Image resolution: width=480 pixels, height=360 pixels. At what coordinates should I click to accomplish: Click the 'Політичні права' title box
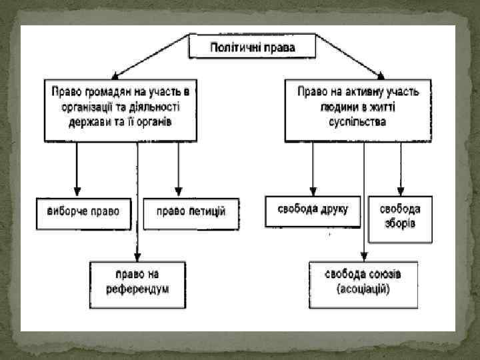tap(253, 47)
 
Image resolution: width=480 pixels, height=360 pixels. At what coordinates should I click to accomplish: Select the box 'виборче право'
tap(83, 212)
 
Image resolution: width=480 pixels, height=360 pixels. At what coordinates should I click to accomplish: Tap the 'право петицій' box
tap(191, 212)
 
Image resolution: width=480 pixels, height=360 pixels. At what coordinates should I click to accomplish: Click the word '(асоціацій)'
tap(363, 290)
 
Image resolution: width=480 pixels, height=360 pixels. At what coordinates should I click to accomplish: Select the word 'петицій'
tap(207, 212)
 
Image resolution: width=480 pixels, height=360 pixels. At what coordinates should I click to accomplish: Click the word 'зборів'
tap(401, 223)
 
